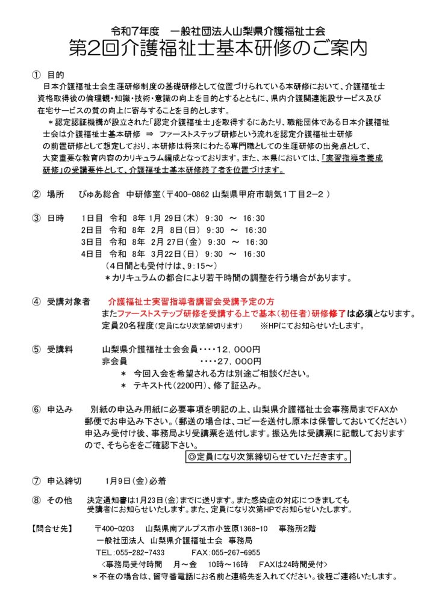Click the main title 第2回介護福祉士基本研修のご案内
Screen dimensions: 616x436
pos(217,48)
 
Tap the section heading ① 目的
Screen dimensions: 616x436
pos(48,75)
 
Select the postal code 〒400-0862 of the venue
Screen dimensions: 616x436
pos(185,195)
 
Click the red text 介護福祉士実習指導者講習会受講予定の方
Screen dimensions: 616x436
pos(191,301)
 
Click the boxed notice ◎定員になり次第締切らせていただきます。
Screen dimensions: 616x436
pos(267,457)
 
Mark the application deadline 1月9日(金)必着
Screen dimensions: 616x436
pos(135,481)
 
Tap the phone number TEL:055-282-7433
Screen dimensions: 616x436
pos(130,552)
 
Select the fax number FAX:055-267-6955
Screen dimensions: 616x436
pos(225,552)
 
